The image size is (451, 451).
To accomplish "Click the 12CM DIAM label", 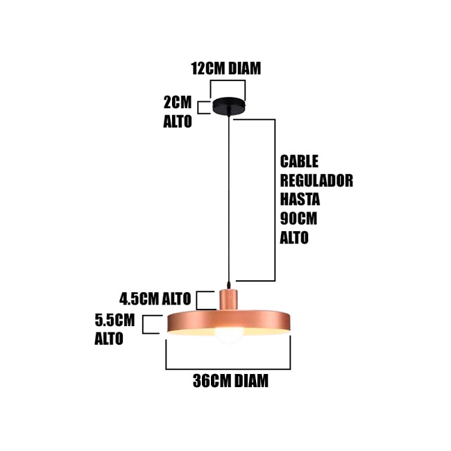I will pyautogui.click(x=226, y=68).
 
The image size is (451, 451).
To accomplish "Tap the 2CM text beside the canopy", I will pyautogui.click(x=177, y=102).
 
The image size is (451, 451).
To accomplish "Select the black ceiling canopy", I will pyautogui.click(x=229, y=106).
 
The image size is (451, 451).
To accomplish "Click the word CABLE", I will pyautogui.click(x=299, y=162).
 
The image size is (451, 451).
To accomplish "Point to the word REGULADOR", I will pyautogui.click(x=316, y=180).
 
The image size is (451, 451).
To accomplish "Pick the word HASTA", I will pyautogui.click(x=300, y=199).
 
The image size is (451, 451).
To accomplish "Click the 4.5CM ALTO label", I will pyautogui.click(x=155, y=299).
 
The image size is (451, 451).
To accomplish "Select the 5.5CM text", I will pyautogui.click(x=114, y=321).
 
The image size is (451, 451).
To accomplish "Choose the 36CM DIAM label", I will pyautogui.click(x=230, y=381).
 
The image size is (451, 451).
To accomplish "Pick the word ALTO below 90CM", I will pyautogui.click(x=294, y=237).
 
